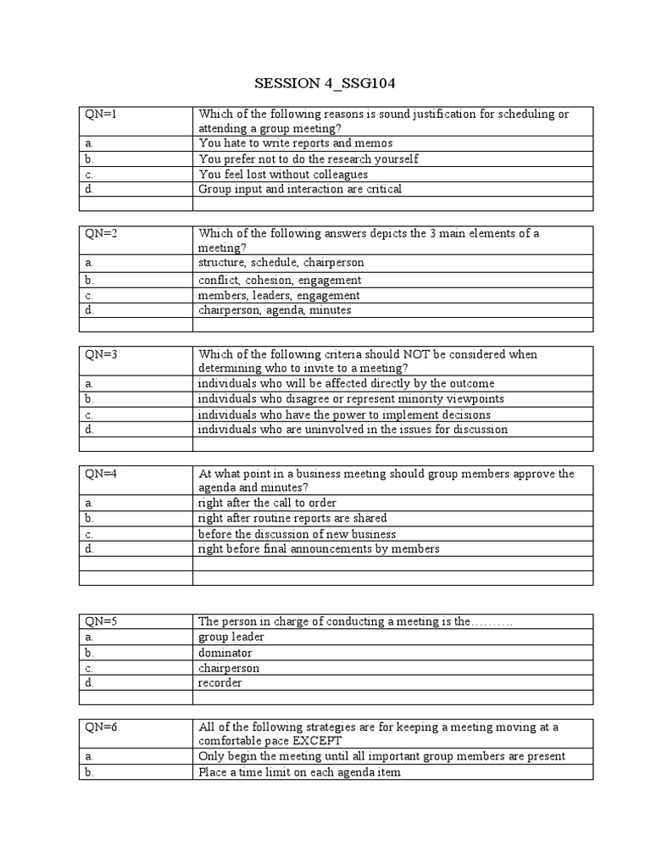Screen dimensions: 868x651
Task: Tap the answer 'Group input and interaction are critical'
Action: (300, 189)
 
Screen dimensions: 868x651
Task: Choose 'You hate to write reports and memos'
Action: (296, 143)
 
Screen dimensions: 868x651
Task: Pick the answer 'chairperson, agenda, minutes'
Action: (275, 310)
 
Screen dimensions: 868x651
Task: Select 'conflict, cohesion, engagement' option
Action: (280, 280)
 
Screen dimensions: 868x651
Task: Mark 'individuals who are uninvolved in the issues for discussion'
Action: (353, 429)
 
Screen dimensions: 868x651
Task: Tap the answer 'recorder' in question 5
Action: (220, 682)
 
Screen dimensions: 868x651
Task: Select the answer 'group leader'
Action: (231, 637)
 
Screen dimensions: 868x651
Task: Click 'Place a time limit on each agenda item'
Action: (299, 772)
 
